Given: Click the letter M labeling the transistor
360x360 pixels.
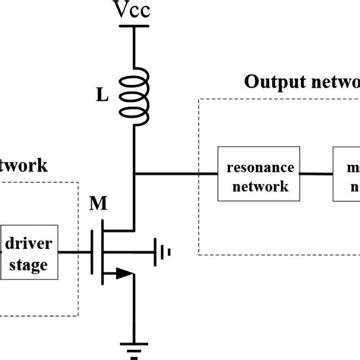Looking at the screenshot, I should tap(99, 204).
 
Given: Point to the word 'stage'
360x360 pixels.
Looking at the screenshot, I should tap(28, 265).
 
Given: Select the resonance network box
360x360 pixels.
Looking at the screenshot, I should tap(255, 175).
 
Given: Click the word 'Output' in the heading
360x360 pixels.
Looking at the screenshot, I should tap(269, 82).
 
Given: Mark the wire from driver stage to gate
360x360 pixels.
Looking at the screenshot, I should tap(74, 253).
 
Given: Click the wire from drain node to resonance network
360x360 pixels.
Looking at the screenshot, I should tap(175, 174).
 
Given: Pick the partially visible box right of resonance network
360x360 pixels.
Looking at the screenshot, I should tap(346, 175).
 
